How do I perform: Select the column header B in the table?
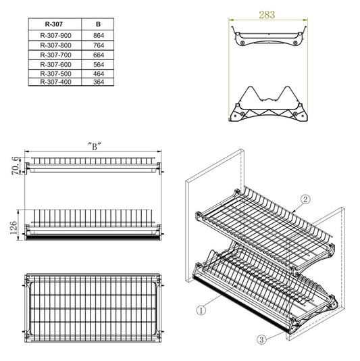tap(99, 24)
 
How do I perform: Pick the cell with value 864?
tap(99, 35)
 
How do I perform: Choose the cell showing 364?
tap(99, 82)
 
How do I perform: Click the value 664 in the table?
tap(99, 54)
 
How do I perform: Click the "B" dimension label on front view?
tap(94, 145)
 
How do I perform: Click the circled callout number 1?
tap(201, 310)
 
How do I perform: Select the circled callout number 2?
tap(305, 199)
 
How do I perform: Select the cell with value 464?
tap(99, 73)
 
